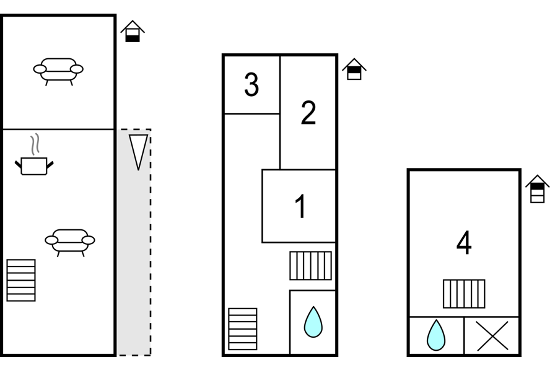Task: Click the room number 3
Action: pyautogui.click(x=251, y=84)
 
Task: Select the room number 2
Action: pyautogui.click(x=308, y=113)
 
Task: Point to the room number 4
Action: pyautogui.click(x=464, y=242)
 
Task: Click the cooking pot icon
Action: pyautogui.click(x=34, y=166)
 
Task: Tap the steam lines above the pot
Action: pyautogui.click(x=34, y=144)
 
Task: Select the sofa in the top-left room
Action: pyautogui.click(x=58, y=71)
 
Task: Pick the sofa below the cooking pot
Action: pyautogui.click(x=70, y=242)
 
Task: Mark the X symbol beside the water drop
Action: pyautogui.click(x=492, y=336)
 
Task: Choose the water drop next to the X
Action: pyautogui.click(x=436, y=335)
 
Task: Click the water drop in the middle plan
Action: pyautogui.click(x=313, y=322)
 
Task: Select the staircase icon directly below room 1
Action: pyautogui.click(x=311, y=266)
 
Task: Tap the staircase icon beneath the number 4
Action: pyautogui.click(x=464, y=294)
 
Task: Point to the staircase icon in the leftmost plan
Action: pyautogui.click(x=21, y=280)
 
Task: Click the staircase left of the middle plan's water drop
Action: pyautogui.click(x=243, y=329)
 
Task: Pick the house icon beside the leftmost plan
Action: pyautogui.click(x=133, y=31)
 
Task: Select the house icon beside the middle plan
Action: pyautogui.click(x=354, y=69)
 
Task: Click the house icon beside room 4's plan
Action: pyautogui.click(x=537, y=188)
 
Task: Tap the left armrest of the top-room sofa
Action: pyautogui.click(x=40, y=69)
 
